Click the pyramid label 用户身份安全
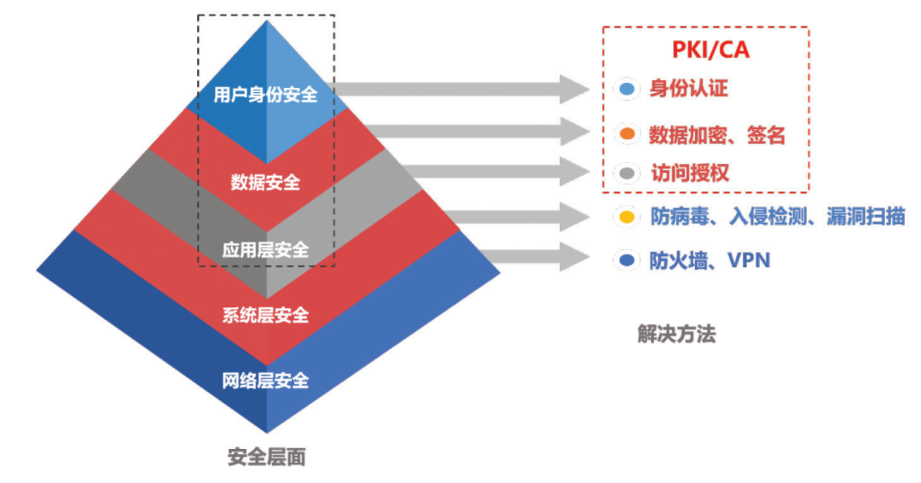pyautogui.click(x=265, y=94)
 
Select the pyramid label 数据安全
pyautogui.click(x=265, y=182)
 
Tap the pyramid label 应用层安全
pyautogui.click(x=265, y=250)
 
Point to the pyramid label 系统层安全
pyautogui.click(x=265, y=315)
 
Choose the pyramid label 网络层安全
pyautogui.click(x=265, y=381)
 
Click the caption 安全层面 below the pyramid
pyautogui.click(x=267, y=457)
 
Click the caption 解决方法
pyautogui.click(x=676, y=334)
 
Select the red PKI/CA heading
pyautogui.click(x=710, y=50)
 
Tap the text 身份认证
pyautogui.click(x=688, y=89)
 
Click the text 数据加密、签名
pyautogui.click(x=717, y=135)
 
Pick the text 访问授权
pyautogui.click(x=690, y=172)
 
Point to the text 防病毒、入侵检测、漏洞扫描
pyautogui.click(x=778, y=216)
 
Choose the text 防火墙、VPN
pyautogui.click(x=710, y=259)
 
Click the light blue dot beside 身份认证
pyautogui.click(x=628, y=90)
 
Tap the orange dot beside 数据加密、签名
pyautogui.click(x=628, y=134)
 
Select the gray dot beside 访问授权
pyautogui.click(x=628, y=173)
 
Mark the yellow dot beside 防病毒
pyautogui.click(x=628, y=217)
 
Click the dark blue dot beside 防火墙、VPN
pyautogui.click(x=628, y=259)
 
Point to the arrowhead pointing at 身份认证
pyautogui.click(x=574, y=90)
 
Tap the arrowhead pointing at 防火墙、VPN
pyautogui.click(x=574, y=257)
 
